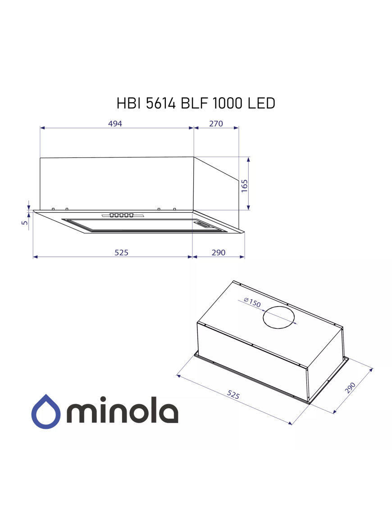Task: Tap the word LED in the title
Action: click(x=261, y=104)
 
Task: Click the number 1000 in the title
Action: click(x=229, y=104)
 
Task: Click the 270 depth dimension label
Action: click(x=216, y=124)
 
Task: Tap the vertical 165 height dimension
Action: click(x=244, y=185)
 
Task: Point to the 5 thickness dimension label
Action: click(x=25, y=222)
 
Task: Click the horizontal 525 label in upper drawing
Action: click(x=121, y=252)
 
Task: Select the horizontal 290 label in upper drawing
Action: click(x=218, y=252)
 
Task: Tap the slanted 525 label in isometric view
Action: click(x=233, y=395)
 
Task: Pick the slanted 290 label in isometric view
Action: click(x=350, y=387)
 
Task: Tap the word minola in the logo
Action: click(x=123, y=410)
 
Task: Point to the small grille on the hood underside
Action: click(x=205, y=225)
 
